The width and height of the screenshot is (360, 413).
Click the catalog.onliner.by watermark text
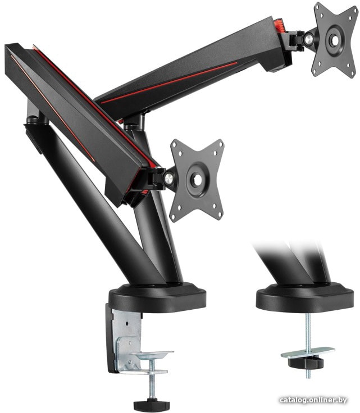coord(313,400)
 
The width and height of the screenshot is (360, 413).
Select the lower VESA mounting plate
coord(197,181)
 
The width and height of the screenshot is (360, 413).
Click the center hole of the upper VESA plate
coord(335,40)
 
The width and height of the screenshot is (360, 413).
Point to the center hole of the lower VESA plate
coord(197,180)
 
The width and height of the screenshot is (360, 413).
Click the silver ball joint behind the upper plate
coord(308,39)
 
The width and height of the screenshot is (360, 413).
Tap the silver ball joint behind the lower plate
coord(167,178)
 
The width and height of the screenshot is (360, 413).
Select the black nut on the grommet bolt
coord(306,362)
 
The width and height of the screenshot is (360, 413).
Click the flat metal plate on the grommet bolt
coord(308,353)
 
